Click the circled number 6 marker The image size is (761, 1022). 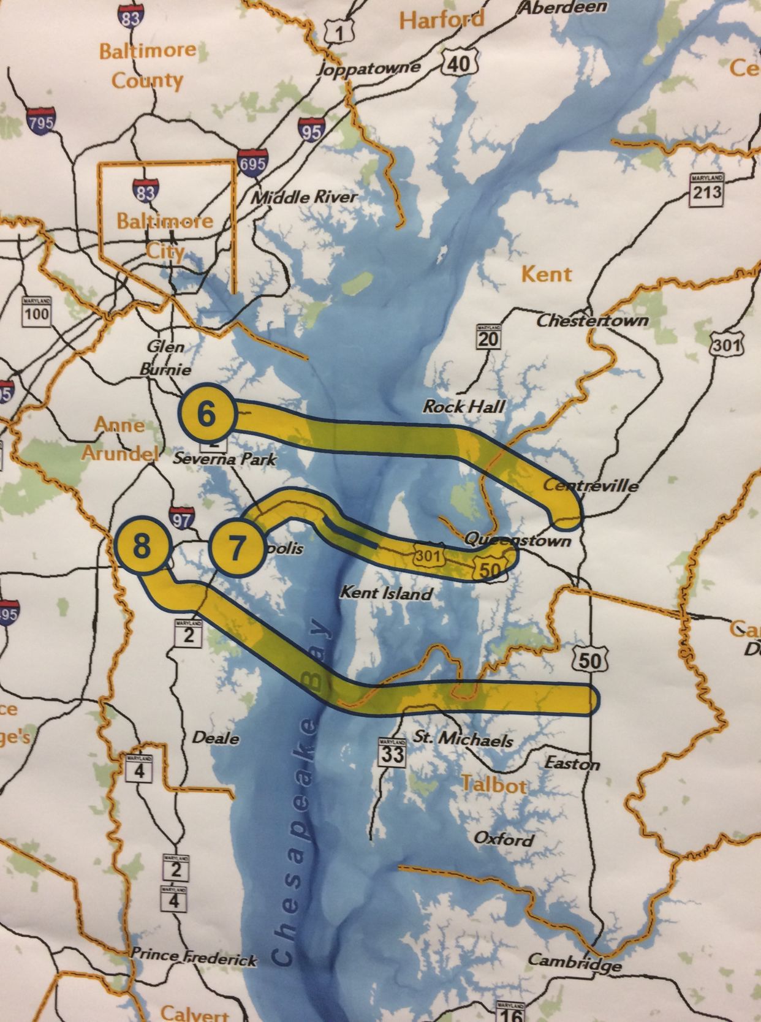point(206,415)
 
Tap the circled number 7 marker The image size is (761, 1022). point(236,547)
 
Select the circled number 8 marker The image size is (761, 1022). point(142,545)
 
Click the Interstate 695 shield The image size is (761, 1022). point(252,163)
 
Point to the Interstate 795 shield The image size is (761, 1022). point(41,121)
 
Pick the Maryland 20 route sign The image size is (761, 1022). point(488,338)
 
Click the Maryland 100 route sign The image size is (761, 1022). point(36,312)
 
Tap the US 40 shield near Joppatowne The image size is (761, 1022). point(460,63)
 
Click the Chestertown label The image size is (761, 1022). point(593,320)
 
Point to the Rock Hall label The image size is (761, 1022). point(464,406)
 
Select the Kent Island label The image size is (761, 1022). point(386,593)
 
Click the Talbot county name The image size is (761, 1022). point(493,784)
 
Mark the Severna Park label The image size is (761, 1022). point(225,458)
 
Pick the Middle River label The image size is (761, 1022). point(304,197)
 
